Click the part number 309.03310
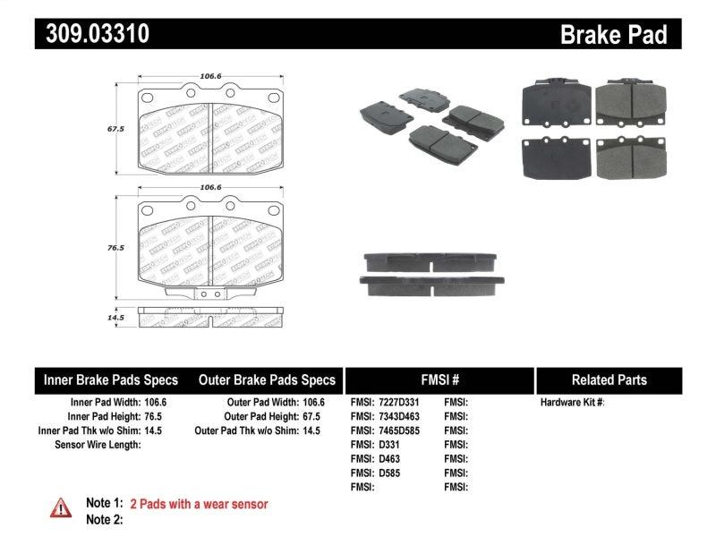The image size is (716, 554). tap(92, 34)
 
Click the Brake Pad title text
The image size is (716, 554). tap(613, 34)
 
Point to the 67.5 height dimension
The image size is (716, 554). tap(115, 128)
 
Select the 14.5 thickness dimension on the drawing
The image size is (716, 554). tap(115, 316)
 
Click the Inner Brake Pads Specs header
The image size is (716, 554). tap(111, 379)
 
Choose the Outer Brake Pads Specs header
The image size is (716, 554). tap(267, 379)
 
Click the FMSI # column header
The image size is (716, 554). tap(439, 379)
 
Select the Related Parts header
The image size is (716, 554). tap(609, 379)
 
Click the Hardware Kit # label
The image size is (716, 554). tap(572, 403)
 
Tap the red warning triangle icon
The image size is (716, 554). tap(60, 507)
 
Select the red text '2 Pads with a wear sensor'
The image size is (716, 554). tap(199, 505)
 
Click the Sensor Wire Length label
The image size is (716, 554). tap(98, 444)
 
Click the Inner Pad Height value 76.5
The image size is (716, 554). tap(155, 416)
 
